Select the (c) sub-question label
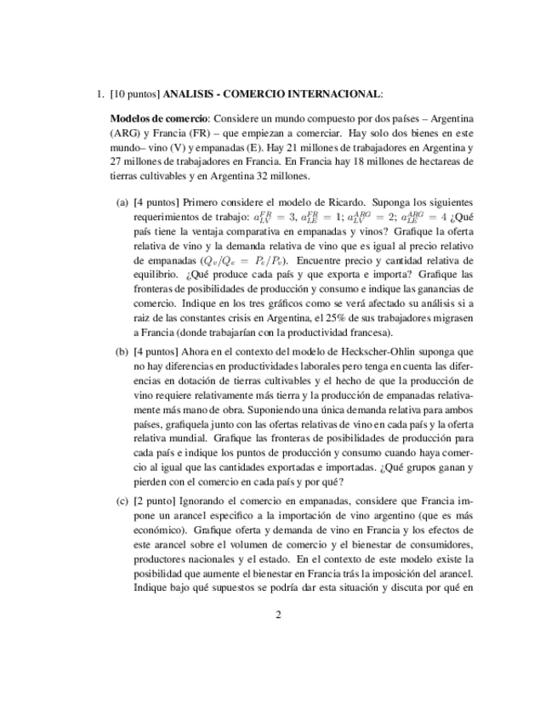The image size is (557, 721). click(122, 501)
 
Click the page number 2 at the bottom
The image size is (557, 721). click(278, 615)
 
